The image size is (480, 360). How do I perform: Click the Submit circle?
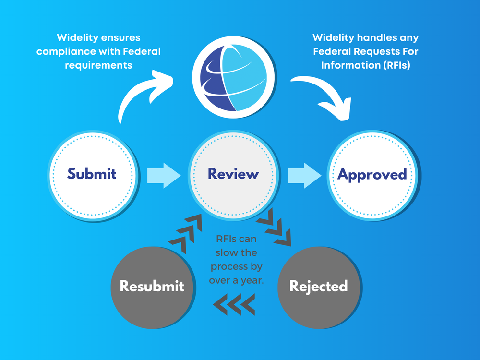pos(92,174)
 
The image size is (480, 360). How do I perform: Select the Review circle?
pos(233,174)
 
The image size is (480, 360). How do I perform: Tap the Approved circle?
pos(372,174)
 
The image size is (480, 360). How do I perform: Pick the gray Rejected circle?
pos(319,287)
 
